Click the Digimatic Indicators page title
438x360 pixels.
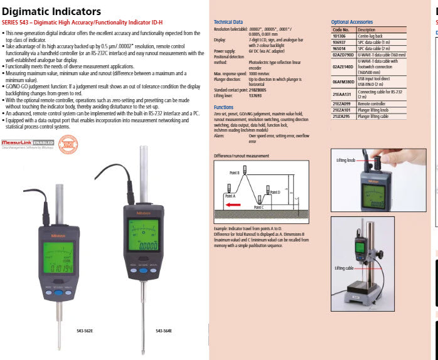point(51,12)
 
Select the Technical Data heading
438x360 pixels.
point(228,22)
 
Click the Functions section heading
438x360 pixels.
point(223,107)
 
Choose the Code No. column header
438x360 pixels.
point(341,29)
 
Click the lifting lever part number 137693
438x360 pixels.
point(257,96)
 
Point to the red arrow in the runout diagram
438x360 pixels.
point(233,204)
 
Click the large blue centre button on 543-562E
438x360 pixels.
point(58,293)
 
